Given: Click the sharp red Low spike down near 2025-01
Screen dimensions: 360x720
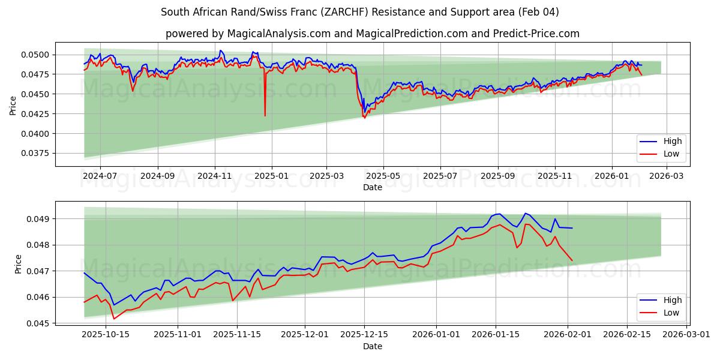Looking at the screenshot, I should [x=265, y=115].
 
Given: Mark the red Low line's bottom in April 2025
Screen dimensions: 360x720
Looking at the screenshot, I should [x=364, y=118].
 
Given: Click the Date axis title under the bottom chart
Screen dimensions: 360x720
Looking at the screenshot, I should [x=372, y=346].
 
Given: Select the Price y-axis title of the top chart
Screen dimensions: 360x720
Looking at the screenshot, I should [x=13, y=105].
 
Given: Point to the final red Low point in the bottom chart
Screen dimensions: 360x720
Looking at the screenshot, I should [x=572, y=260].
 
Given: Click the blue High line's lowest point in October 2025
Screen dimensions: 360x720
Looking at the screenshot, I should [x=114, y=305].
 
